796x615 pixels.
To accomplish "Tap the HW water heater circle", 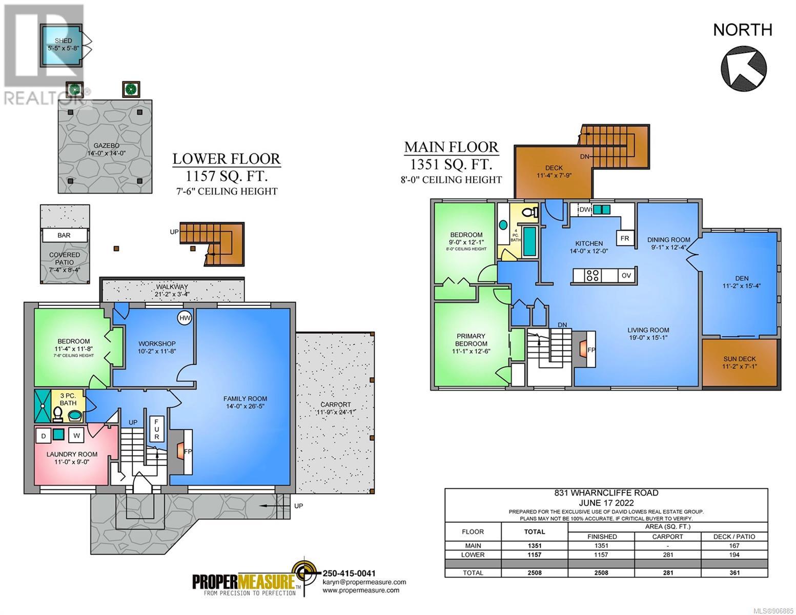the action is coord(185,318).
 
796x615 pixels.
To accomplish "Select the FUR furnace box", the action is coord(156,429).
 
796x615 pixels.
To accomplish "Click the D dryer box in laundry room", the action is coord(44,436).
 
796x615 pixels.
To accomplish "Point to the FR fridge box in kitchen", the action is coord(625,238).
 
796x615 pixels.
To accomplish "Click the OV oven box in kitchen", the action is coord(626,275).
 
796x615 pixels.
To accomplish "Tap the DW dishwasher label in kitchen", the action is coord(585,210).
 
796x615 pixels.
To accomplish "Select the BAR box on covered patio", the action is coord(65,235).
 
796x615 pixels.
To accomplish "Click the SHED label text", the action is coord(64,40).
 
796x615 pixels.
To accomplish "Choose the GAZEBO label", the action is coord(106,146).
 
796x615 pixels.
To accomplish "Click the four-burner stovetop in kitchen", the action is coord(593,275).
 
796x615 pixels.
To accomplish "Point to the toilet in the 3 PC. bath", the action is coord(58,414).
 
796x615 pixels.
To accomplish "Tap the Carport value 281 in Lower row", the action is coord(668,555).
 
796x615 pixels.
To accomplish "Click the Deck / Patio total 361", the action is coord(734,572).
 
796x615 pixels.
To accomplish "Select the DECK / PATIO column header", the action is coord(734,537).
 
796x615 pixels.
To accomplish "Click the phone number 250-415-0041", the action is coord(349,573).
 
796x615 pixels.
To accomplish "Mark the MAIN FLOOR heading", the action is coord(451,147).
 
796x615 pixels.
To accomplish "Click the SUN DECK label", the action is coord(740,359).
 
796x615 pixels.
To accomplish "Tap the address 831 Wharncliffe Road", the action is coord(606,493).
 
